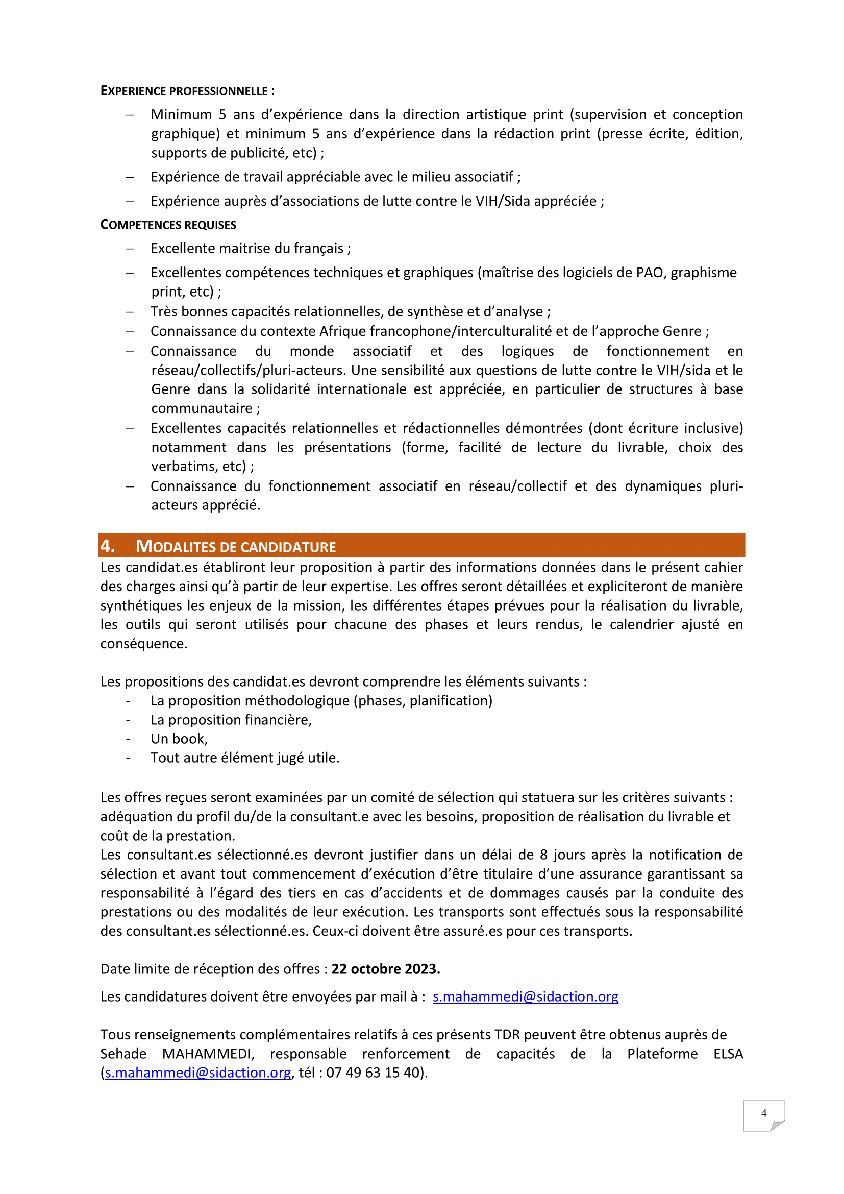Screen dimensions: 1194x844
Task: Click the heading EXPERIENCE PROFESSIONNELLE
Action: tap(187, 91)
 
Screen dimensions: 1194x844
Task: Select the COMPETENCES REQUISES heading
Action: tap(168, 225)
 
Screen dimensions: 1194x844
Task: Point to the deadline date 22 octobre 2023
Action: tap(386, 969)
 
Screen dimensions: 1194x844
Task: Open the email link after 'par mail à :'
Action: tap(525, 996)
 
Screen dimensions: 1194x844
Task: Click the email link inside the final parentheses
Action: tap(198, 1073)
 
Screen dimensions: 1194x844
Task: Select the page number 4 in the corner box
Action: tap(763, 1113)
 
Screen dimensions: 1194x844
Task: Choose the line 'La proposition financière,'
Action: tap(231, 720)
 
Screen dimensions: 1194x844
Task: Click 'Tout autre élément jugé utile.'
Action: tap(245, 758)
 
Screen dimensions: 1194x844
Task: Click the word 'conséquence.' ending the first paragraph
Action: tap(143, 644)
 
